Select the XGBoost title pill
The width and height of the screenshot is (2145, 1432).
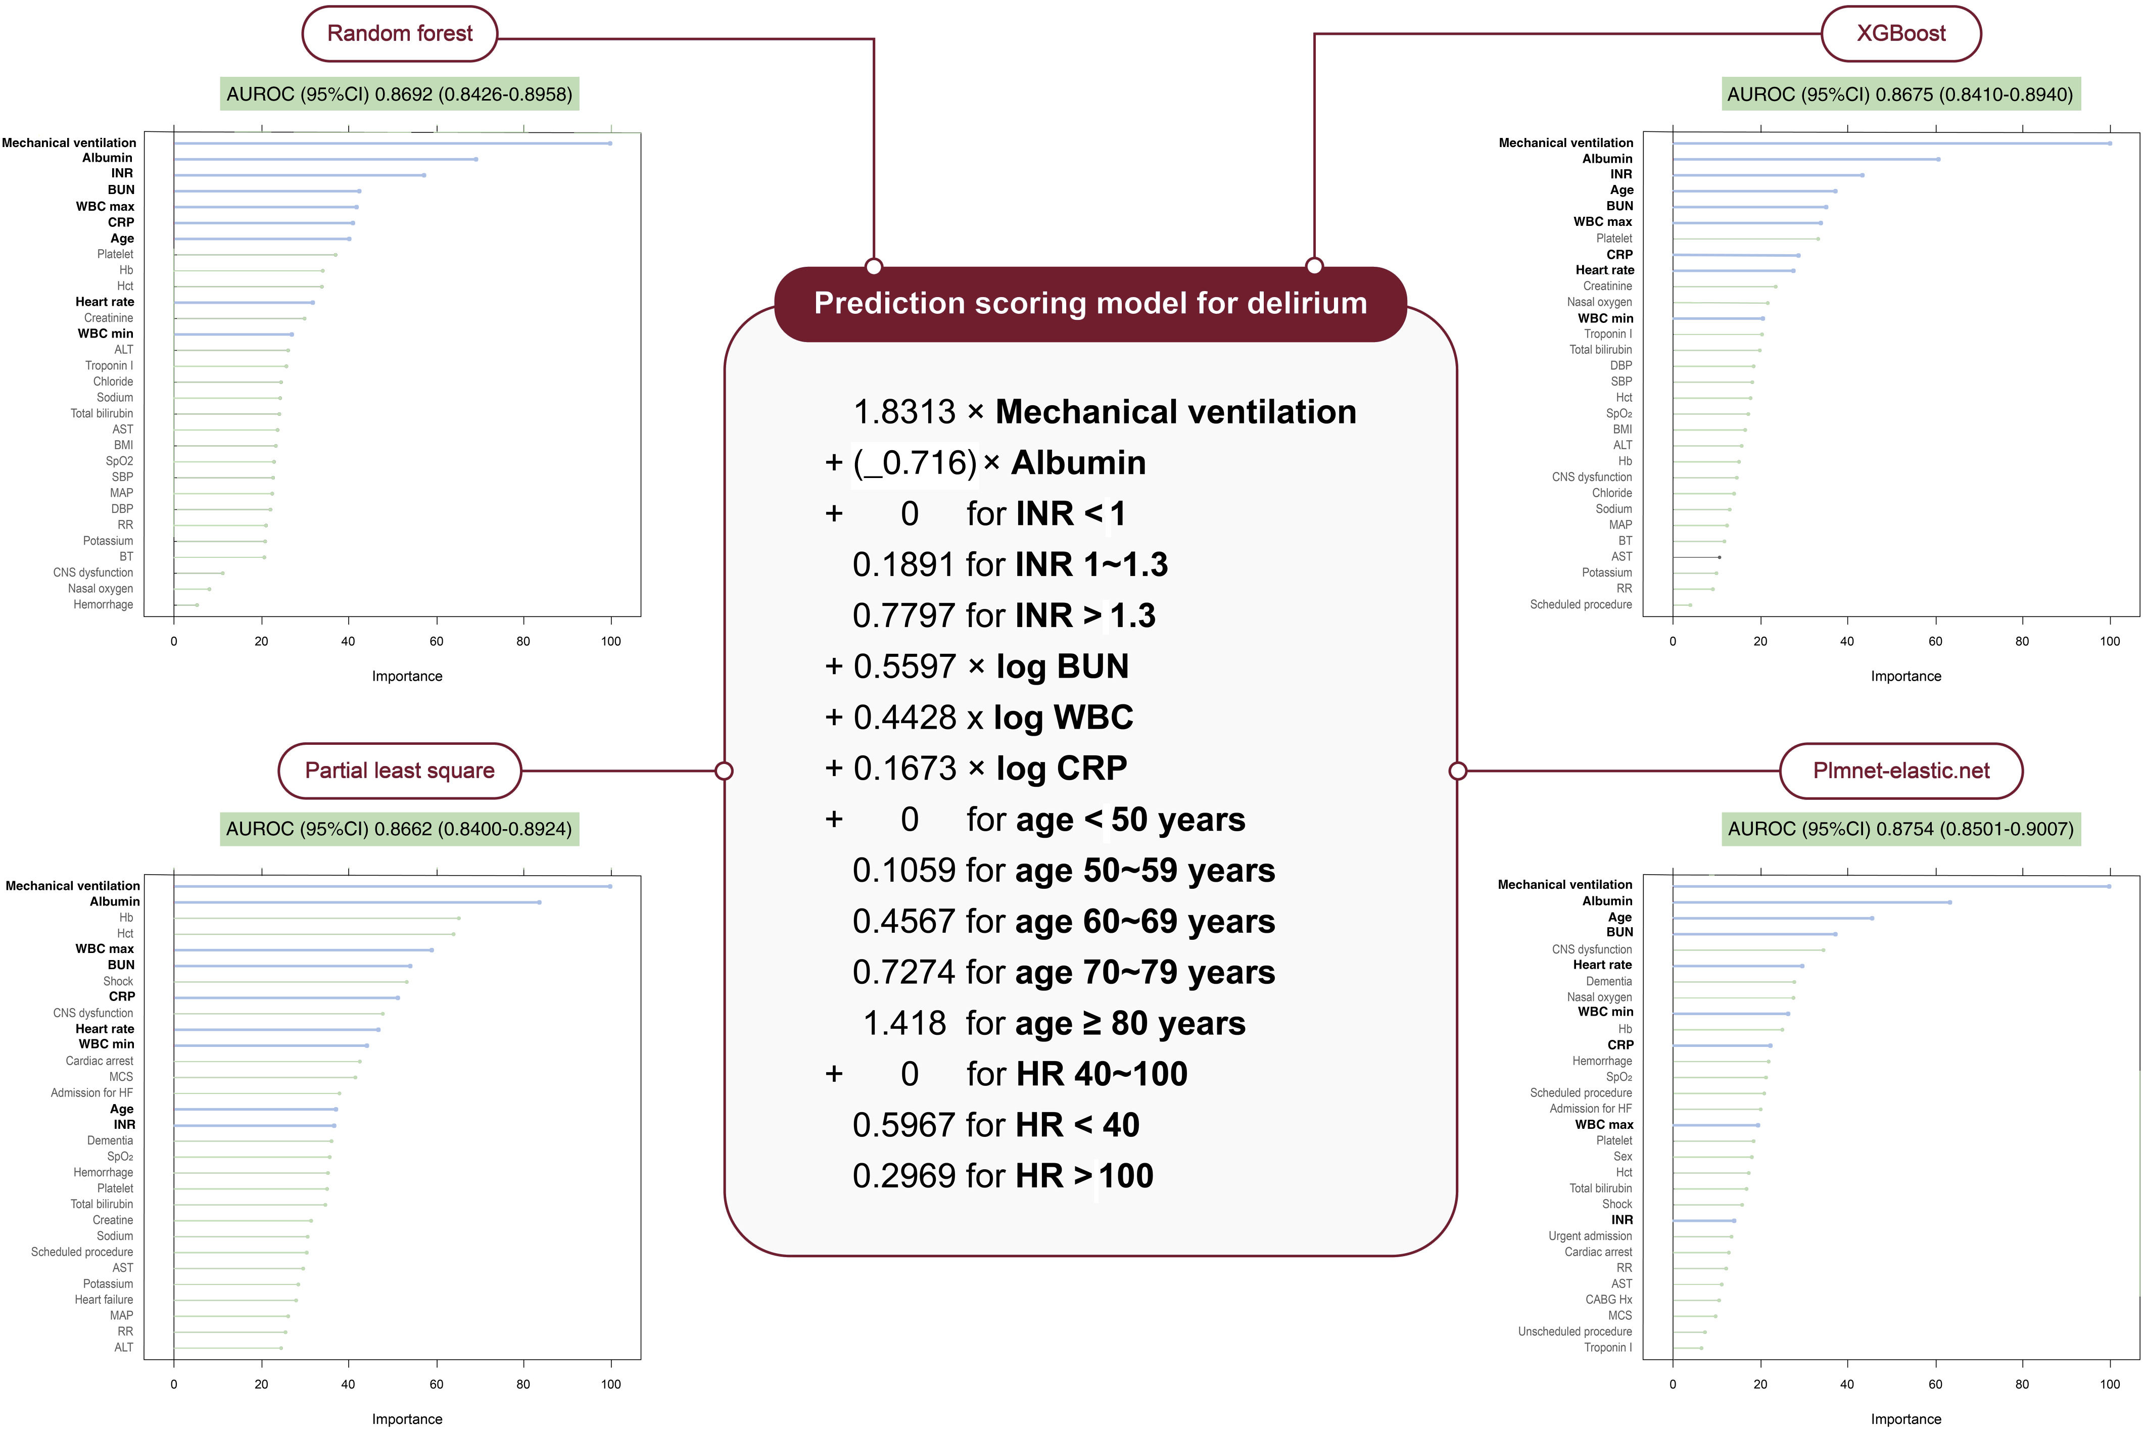pos(1900,34)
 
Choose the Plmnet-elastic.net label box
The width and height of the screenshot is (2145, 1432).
pos(1900,771)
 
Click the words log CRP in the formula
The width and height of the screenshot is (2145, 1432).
pos(1061,768)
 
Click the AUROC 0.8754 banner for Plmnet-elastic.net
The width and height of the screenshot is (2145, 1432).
pos(1900,829)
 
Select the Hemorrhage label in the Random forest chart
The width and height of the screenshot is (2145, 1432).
pos(103,604)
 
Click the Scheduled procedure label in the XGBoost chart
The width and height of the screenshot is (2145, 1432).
pos(1581,604)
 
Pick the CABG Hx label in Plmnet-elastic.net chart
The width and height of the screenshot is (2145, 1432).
pos(1608,1300)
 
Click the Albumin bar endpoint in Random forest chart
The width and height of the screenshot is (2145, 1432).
pos(476,159)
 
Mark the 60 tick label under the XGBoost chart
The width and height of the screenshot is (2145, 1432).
pos(1934,641)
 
